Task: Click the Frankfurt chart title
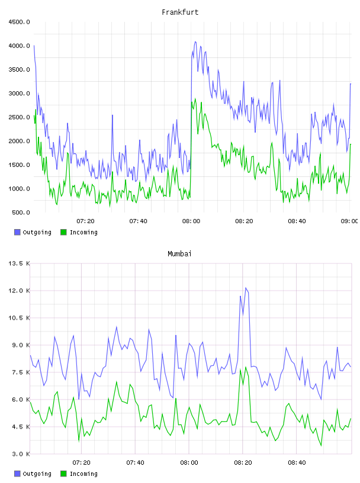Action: [x=180, y=12]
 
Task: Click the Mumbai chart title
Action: [x=179, y=254]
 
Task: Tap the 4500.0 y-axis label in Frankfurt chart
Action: [x=19, y=22]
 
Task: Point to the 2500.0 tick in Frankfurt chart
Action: [x=19, y=117]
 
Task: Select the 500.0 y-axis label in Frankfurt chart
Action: [x=21, y=212]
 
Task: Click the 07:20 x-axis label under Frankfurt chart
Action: [x=85, y=221]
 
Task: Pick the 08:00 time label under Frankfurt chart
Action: [x=191, y=221]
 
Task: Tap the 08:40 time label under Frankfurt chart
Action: [x=297, y=221]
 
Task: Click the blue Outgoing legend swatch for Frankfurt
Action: [x=17, y=232]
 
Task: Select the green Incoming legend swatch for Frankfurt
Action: [x=63, y=232]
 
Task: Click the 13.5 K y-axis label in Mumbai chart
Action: [x=19, y=263]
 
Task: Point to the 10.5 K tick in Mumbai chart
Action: [x=19, y=318]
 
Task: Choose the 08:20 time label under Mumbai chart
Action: [x=243, y=463]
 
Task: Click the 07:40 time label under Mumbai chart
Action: [x=136, y=463]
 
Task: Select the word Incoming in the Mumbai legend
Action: [x=83, y=474]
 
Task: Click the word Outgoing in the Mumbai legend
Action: [x=37, y=474]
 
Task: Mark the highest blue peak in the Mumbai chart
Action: [x=246, y=288]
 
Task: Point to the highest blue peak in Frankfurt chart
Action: [x=195, y=41]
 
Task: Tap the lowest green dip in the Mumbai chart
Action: [x=321, y=446]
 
